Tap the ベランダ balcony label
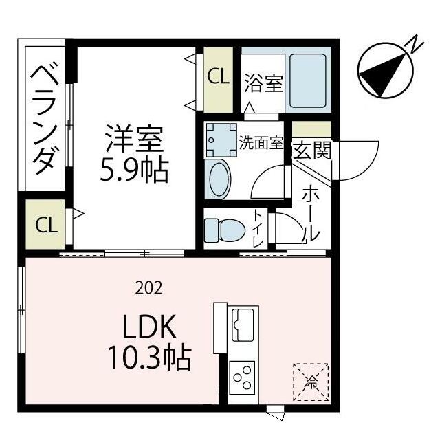(x=43, y=117)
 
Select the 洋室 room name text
(x=133, y=140)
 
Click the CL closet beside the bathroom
(x=219, y=77)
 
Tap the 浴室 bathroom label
(x=263, y=84)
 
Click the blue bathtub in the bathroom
(x=308, y=80)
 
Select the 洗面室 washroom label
(x=261, y=142)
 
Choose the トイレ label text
(x=257, y=230)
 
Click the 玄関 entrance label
(x=312, y=150)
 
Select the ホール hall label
(x=311, y=209)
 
